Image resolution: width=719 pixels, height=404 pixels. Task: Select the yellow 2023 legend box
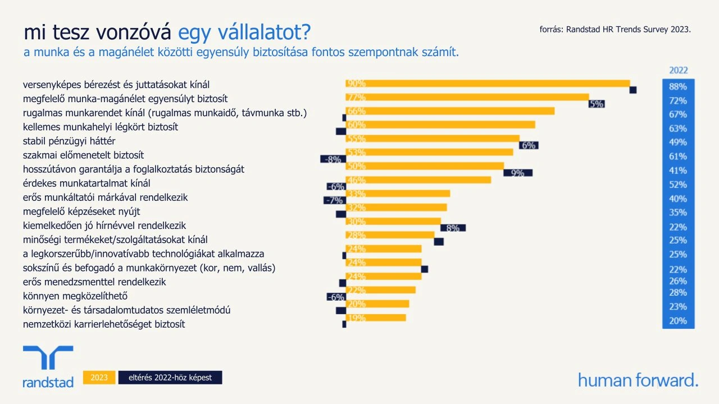pos(99,378)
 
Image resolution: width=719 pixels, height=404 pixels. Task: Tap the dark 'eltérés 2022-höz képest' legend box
pos(170,378)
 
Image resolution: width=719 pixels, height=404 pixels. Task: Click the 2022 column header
pos(678,71)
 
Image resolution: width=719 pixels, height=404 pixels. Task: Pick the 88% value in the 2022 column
pos(678,87)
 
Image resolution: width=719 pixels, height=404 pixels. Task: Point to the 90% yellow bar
pos(488,84)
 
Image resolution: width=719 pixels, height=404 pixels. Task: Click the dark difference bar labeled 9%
pos(518,173)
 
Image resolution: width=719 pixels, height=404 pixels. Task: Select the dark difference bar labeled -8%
pos(331,159)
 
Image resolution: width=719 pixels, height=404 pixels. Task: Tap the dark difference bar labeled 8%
pos(453,228)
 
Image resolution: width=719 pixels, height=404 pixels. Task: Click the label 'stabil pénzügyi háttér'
pos(69,141)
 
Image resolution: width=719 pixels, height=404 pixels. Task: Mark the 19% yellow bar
pos(375,318)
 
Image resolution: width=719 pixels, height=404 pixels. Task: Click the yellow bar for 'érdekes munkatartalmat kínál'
pos(418,180)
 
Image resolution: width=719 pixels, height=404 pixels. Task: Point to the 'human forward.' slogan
pos(638,380)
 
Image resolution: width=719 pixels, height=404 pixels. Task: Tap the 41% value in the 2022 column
pos(678,171)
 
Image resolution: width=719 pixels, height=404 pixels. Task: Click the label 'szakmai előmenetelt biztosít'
pos(84,155)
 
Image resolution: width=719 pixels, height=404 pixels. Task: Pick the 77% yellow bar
pos(467,97)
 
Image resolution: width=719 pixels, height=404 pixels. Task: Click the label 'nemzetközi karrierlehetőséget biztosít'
pos(104,324)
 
